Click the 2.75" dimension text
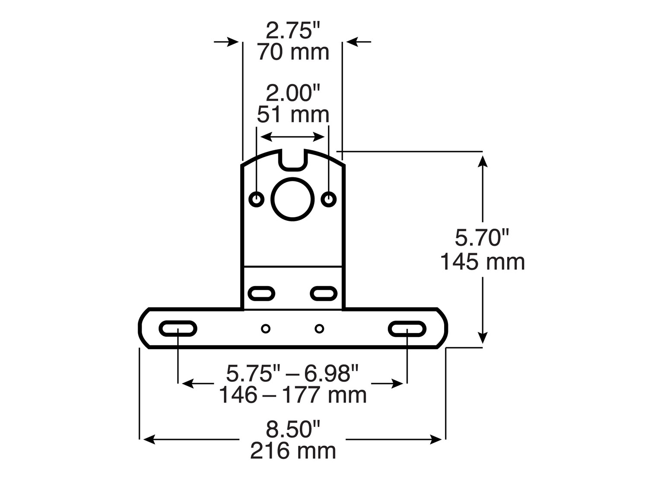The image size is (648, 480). pyautogui.click(x=293, y=32)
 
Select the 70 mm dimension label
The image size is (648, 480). pyautogui.click(x=293, y=52)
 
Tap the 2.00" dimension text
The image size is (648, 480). pyautogui.click(x=293, y=93)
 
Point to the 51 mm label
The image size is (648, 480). pyautogui.click(x=293, y=114)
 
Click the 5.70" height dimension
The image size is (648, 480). pyautogui.click(x=482, y=238)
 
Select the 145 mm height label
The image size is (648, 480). pyautogui.click(x=482, y=262)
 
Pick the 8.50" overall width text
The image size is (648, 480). pyautogui.click(x=293, y=429)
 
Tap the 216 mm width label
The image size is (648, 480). pyautogui.click(x=293, y=451)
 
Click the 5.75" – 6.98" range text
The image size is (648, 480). pyautogui.click(x=293, y=374)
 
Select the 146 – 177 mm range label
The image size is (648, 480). pyautogui.click(x=293, y=395)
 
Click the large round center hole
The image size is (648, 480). pyautogui.click(x=292, y=199)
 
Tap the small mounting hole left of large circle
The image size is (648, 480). pyautogui.click(x=257, y=199)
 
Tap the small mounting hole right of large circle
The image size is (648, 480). pyautogui.click(x=329, y=199)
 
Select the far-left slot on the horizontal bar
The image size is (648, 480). pyautogui.click(x=178, y=329)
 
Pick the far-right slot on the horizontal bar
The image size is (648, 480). pyautogui.click(x=407, y=329)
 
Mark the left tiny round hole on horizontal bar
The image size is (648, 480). pyautogui.click(x=266, y=329)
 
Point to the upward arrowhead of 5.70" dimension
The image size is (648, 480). pyautogui.click(x=483, y=159)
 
